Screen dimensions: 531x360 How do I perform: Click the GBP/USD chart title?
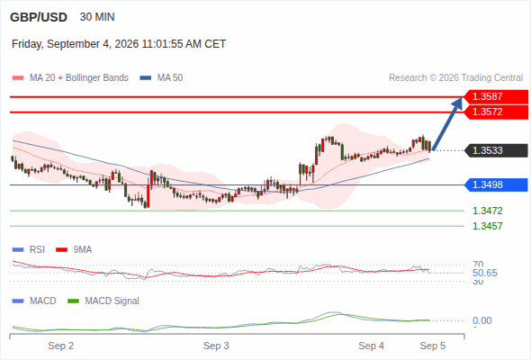pos(39,17)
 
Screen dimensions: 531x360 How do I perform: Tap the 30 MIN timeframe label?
pos(97,17)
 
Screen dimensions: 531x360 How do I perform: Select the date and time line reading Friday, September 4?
pos(119,44)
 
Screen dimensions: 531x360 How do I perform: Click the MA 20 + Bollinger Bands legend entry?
pos(70,78)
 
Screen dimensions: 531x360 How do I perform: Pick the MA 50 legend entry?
pos(161,78)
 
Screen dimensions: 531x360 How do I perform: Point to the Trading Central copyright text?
pos(455,78)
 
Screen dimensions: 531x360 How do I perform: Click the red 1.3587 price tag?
pos(496,96)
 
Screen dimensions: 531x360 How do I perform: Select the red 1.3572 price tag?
pos(496,112)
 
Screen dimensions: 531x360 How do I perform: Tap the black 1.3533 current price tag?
pos(496,150)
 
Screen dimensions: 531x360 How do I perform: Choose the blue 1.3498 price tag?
pos(496,184)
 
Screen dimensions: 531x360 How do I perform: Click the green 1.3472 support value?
pos(487,211)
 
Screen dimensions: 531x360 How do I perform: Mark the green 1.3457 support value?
pos(487,226)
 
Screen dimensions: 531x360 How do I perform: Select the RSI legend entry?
pos(29,249)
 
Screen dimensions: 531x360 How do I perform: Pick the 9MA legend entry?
pos(74,249)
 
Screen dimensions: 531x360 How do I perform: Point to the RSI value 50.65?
pos(484,273)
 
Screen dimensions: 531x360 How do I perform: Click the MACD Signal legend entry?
pos(103,301)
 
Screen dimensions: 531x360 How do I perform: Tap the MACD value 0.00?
pos(481,320)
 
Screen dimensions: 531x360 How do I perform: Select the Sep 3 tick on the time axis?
pos(216,346)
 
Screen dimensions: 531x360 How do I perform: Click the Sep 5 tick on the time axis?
pos(433,346)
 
